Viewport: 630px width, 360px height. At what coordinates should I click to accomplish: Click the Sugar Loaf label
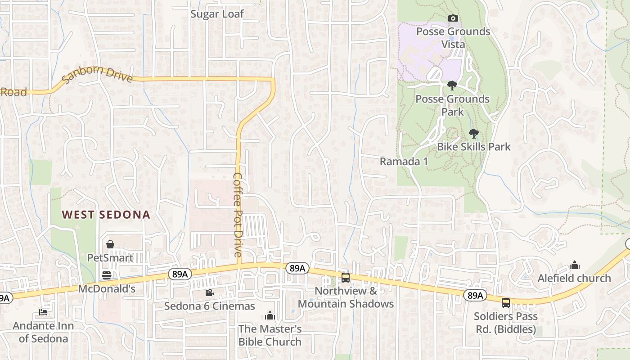click(x=217, y=14)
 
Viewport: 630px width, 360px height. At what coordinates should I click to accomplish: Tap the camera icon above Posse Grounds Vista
click(x=453, y=18)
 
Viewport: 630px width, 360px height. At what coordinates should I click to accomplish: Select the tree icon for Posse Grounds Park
click(x=452, y=85)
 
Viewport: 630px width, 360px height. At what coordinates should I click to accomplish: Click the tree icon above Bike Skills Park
click(x=473, y=133)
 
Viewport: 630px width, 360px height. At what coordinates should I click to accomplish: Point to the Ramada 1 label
click(x=404, y=162)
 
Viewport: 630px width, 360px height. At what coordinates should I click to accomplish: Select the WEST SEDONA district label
click(x=106, y=215)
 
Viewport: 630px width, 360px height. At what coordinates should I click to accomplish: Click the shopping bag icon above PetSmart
click(x=110, y=244)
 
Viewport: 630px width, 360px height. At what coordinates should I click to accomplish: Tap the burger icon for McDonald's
click(x=107, y=275)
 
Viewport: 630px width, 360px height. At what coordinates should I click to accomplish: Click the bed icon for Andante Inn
click(x=43, y=312)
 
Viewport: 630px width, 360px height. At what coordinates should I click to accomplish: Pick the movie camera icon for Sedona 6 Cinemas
click(x=209, y=293)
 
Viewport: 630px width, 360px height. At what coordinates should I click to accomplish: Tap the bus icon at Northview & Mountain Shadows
click(x=346, y=278)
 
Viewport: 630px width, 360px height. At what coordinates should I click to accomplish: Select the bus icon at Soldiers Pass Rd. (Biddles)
click(x=506, y=302)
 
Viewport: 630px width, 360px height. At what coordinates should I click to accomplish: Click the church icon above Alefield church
click(x=575, y=265)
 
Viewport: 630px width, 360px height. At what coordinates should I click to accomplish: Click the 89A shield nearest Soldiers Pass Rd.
click(x=475, y=295)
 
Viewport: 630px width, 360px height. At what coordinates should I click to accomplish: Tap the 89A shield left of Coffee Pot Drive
click(x=179, y=274)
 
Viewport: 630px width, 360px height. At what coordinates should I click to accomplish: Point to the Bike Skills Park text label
click(x=474, y=147)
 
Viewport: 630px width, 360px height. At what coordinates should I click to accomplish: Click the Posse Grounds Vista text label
click(x=453, y=38)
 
